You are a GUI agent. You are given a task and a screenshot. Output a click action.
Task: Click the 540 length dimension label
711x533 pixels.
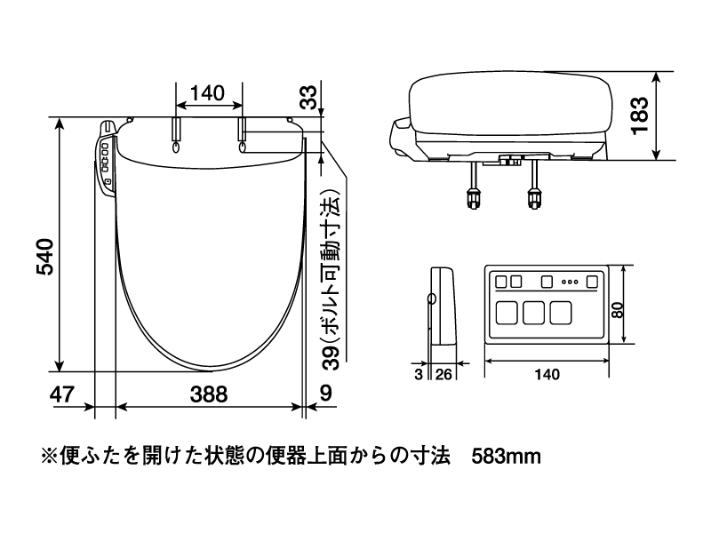click(45, 257)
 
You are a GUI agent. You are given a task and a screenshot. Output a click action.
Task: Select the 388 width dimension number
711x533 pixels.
click(209, 394)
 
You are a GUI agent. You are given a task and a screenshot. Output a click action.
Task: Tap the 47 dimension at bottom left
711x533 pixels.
click(61, 394)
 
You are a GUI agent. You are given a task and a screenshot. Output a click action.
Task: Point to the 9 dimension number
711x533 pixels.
click(326, 393)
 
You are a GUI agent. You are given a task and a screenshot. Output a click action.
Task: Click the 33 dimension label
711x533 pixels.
click(309, 97)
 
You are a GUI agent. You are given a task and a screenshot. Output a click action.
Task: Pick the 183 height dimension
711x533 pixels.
click(640, 115)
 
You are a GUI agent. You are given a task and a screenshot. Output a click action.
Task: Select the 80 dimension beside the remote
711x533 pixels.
click(617, 309)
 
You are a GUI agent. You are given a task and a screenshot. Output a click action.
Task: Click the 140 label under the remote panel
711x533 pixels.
click(547, 374)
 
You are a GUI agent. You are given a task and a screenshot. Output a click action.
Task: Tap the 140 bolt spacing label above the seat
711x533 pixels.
click(207, 93)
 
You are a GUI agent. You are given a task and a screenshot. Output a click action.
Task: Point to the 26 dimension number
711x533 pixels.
click(443, 374)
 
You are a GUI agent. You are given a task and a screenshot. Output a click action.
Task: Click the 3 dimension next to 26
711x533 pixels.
click(419, 374)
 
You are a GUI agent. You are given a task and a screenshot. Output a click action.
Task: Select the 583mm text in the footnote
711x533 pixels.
click(506, 457)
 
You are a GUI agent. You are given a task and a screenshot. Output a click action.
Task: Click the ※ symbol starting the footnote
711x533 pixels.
click(49, 456)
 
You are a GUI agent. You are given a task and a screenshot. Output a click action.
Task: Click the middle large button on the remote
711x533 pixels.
click(533, 313)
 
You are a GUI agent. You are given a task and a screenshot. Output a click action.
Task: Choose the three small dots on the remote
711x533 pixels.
click(570, 282)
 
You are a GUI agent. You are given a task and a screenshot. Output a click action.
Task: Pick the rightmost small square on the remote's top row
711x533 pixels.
click(592, 282)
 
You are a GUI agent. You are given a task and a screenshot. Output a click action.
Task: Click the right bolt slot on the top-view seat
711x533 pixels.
click(242, 136)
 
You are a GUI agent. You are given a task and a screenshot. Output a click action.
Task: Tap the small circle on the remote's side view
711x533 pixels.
click(432, 298)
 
